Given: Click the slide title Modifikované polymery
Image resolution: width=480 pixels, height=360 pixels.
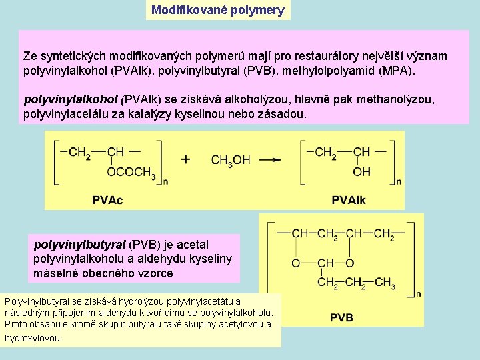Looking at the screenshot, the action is tap(218, 10).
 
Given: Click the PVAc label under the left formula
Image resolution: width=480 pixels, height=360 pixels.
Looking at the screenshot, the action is tap(107, 199).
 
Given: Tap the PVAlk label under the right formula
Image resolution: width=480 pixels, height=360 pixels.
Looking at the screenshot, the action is tap(348, 199).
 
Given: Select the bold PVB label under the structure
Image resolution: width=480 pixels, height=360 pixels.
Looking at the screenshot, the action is tap(341, 317).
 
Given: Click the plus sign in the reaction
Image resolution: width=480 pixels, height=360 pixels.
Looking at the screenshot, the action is tap(186, 159).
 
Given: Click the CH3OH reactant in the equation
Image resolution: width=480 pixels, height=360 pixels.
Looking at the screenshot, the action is tap(231, 160).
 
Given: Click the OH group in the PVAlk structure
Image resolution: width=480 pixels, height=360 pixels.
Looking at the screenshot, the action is tap(361, 172).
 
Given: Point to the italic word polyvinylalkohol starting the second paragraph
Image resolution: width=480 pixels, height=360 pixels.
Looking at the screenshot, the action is tap(71, 100).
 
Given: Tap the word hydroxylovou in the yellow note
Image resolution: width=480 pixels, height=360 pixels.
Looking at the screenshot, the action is tap(33, 338).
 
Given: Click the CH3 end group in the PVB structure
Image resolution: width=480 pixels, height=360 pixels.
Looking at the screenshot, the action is tap(385, 283).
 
